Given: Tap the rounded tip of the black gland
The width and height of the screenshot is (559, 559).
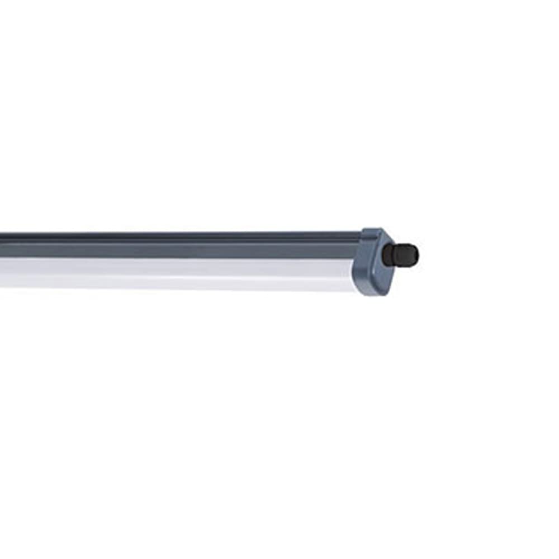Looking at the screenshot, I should click(415, 254).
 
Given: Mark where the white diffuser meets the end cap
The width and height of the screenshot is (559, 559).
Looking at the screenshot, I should click(353, 275).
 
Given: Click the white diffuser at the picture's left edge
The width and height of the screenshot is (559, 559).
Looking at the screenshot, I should click(3, 274).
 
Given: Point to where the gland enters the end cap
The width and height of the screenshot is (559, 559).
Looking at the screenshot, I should click(384, 255).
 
